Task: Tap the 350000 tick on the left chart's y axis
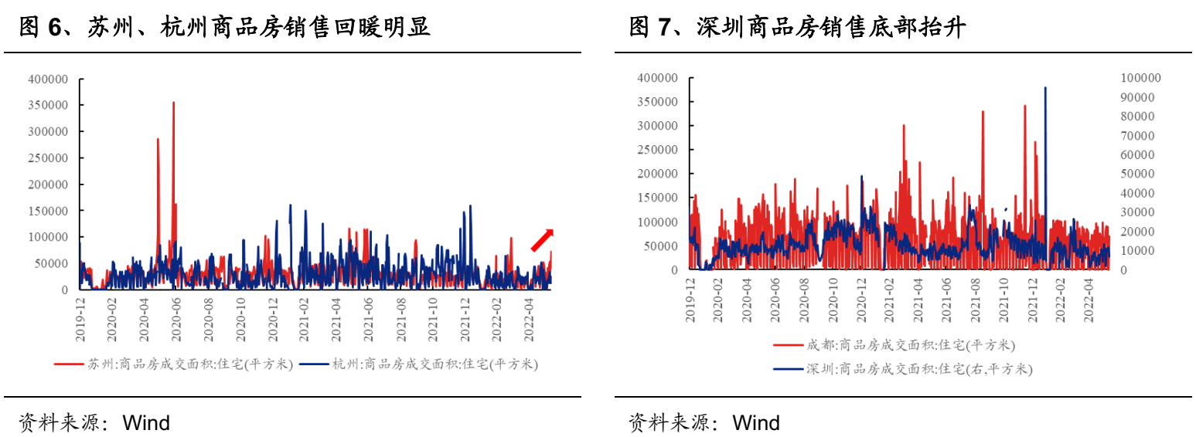click(48, 105)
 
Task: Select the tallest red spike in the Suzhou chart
click(173, 103)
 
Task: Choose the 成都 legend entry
click(894, 345)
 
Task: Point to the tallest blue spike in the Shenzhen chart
click(1045, 89)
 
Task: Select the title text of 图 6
click(224, 29)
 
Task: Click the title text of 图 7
click(797, 29)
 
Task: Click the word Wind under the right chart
click(756, 422)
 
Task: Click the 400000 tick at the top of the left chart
click(48, 79)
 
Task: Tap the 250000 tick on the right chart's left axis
click(657, 150)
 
